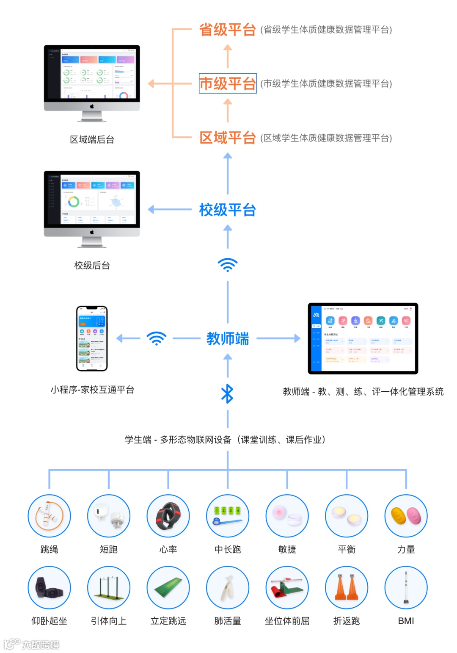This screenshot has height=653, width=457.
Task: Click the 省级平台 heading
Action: (x=228, y=30)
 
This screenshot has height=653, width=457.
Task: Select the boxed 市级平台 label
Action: (x=228, y=83)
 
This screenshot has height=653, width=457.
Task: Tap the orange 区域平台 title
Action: (x=228, y=138)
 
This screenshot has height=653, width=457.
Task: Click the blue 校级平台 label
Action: (x=228, y=210)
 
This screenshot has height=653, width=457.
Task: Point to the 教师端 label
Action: (x=228, y=338)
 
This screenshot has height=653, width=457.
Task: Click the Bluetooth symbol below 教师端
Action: (x=228, y=393)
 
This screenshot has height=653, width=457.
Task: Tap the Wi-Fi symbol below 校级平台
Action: (x=228, y=265)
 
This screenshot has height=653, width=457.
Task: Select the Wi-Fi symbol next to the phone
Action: (x=157, y=338)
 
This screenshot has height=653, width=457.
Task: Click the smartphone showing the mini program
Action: (x=92, y=338)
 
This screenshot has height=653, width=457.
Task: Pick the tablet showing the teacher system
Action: (x=363, y=338)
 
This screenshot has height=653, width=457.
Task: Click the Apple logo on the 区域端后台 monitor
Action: (x=92, y=106)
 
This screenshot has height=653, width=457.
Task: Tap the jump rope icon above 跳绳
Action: (x=49, y=516)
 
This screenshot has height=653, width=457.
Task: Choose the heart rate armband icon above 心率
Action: (x=168, y=516)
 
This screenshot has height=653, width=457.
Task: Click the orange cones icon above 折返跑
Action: (x=347, y=587)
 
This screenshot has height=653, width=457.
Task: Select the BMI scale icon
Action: (x=406, y=587)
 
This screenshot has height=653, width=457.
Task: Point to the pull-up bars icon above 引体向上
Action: (x=109, y=587)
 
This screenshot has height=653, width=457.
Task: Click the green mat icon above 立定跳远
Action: (x=168, y=587)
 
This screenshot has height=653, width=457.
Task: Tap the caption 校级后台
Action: (x=92, y=266)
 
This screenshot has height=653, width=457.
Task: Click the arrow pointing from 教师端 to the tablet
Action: (x=278, y=338)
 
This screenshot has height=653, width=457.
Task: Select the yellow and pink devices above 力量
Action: (x=406, y=516)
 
